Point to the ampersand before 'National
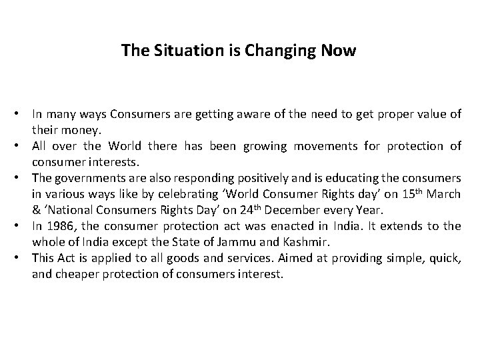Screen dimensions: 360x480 coord(36,209)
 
